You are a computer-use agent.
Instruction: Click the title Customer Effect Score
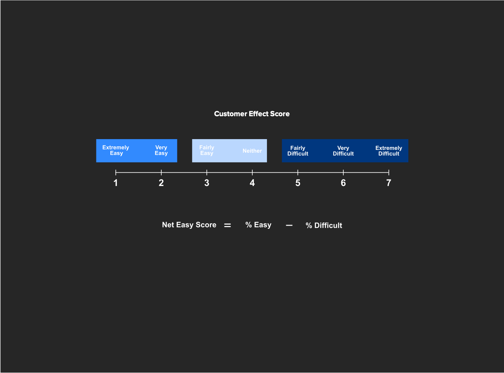[x=252, y=114]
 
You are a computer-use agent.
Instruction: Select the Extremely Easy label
[x=116, y=150]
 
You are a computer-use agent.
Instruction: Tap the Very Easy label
[x=161, y=150]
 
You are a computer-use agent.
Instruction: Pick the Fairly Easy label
[x=207, y=150]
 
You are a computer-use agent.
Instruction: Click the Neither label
[x=252, y=151]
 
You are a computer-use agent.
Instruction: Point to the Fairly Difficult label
[x=298, y=151]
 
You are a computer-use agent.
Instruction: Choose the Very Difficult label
[x=343, y=151]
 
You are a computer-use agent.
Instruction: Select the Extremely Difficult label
[x=389, y=151]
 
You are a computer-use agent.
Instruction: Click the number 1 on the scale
[x=116, y=183]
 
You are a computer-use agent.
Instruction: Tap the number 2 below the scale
[x=161, y=183]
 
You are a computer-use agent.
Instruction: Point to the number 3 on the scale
[x=207, y=183]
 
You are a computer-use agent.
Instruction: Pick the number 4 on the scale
[x=252, y=183]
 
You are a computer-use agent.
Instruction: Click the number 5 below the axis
[x=298, y=183]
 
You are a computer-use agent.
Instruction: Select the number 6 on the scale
[x=343, y=183]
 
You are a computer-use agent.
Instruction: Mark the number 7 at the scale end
[x=389, y=183]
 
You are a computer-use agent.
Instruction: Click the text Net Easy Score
[x=189, y=225]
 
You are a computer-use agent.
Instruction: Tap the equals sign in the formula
[x=227, y=225]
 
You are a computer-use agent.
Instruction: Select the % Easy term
[x=258, y=225]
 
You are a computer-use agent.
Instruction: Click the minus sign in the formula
[x=289, y=225]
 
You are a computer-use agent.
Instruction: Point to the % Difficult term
[x=324, y=225]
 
